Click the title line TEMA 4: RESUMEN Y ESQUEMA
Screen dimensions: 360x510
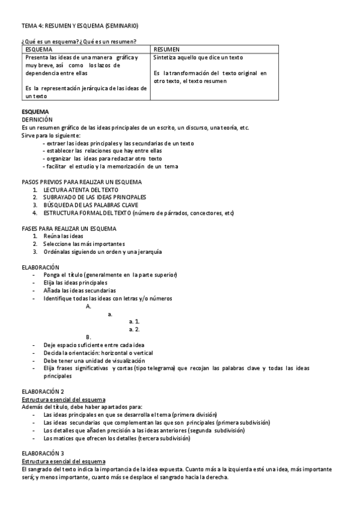click(x=80, y=26)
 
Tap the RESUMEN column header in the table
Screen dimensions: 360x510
click(x=166, y=49)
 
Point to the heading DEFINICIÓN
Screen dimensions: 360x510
click(x=37, y=120)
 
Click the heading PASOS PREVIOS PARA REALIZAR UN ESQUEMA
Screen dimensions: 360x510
click(x=82, y=182)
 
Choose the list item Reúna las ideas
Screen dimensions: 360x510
click(x=63, y=236)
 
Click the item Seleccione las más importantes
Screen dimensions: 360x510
click(x=84, y=244)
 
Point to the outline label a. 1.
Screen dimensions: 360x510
click(x=135, y=322)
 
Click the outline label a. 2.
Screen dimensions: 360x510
click(x=135, y=330)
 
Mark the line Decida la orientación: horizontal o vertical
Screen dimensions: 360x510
click(x=98, y=353)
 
